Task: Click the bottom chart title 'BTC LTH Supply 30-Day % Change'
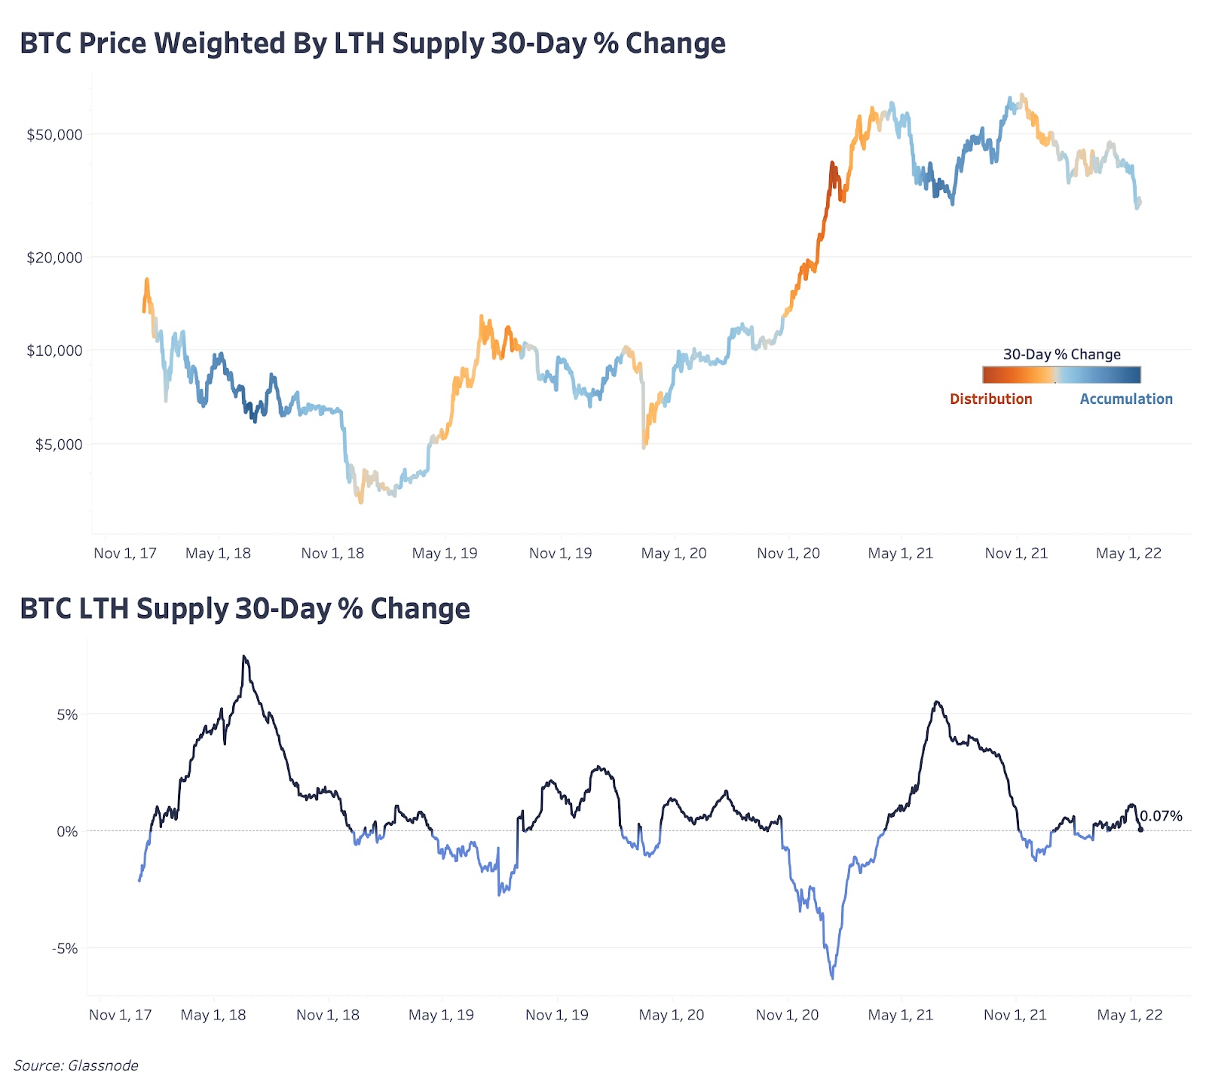pyautogui.click(x=245, y=609)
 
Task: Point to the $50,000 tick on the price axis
pyautogui.click(x=54, y=136)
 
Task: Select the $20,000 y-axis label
pyautogui.click(x=54, y=258)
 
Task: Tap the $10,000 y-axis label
pyautogui.click(x=54, y=350)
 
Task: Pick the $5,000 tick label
pyautogui.click(x=59, y=445)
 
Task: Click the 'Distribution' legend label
pyautogui.click(x=990, y=399)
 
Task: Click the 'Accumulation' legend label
pyautogui.click(x=1126, y=399)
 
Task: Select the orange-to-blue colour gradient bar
pyautogui.click(x=1061, y=375)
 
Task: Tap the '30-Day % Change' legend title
pyautogui.click(x=1061, y=354)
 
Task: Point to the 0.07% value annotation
pyautogui.click(x=1161, y=816)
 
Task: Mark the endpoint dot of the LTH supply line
pyautogui.click(x=1140, y=830)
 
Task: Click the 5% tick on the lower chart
pyautogui.click(x=67, y=715)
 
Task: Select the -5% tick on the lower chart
pyautogui.click(x=65, y=949)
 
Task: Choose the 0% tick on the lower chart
pyautogui.click(x=67, y=832)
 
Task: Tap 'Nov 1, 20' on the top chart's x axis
pyautogui.click(x=788, y=554)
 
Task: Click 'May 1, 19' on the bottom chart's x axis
pyautogui.click(x=441, y=1016)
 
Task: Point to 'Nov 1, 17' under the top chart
pyautogui.click(x=125, y=554)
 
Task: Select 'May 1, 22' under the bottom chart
pyautogui.click(x=1129, y=1016)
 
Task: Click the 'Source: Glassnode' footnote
pyautogui.click(x=76, y=1065)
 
